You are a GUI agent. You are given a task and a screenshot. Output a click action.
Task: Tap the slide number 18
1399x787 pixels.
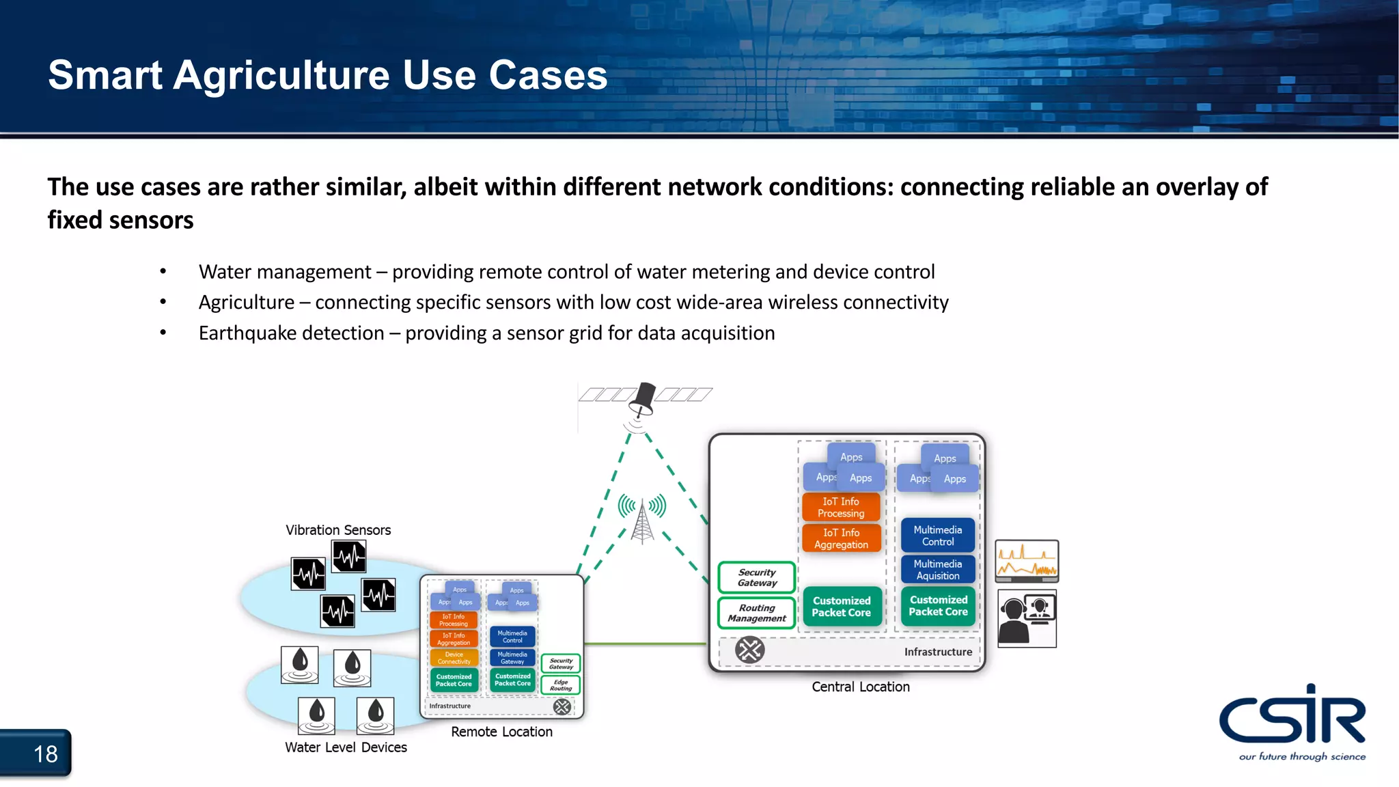click(x=45, y=754)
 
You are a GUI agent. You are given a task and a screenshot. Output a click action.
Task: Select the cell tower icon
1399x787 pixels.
click(x=642, y=519)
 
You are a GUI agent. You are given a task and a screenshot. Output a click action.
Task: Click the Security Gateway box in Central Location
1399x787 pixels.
click(x=757, y=578)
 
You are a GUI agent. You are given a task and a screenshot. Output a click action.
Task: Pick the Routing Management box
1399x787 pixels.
click(x=757, y=613)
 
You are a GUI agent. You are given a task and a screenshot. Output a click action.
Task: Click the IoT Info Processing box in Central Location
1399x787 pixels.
click(x=841, y=508)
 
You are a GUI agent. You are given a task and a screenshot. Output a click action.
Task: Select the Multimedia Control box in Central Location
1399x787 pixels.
click(x=938, y=536)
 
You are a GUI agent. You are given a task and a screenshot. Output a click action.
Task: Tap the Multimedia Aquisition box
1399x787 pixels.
click(x=938, y=570)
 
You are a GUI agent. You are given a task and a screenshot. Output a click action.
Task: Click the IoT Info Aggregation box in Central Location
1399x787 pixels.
click(x=841, y=538)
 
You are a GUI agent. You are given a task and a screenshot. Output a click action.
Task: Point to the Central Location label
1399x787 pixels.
click(x=861, y=687)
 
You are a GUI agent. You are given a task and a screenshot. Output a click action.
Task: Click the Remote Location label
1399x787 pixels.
click(x=501, y=732)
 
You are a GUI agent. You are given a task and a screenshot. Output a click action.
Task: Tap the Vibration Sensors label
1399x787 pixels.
click(x=338, y=530)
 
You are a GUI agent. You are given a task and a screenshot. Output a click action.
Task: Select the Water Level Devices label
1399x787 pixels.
click(x=346, y=747)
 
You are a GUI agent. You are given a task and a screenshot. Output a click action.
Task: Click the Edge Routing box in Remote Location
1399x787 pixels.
click(x=561, y=685)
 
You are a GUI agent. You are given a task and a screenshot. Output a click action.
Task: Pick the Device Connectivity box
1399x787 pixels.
click(x=454, y=658)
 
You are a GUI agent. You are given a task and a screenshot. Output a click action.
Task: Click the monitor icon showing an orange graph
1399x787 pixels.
click(x=1027, y=561)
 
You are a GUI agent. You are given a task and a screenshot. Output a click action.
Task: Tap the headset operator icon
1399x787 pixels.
click(x=1027, y=618)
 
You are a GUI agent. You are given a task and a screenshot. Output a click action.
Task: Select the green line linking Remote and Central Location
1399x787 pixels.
click(x=646, y=644)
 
